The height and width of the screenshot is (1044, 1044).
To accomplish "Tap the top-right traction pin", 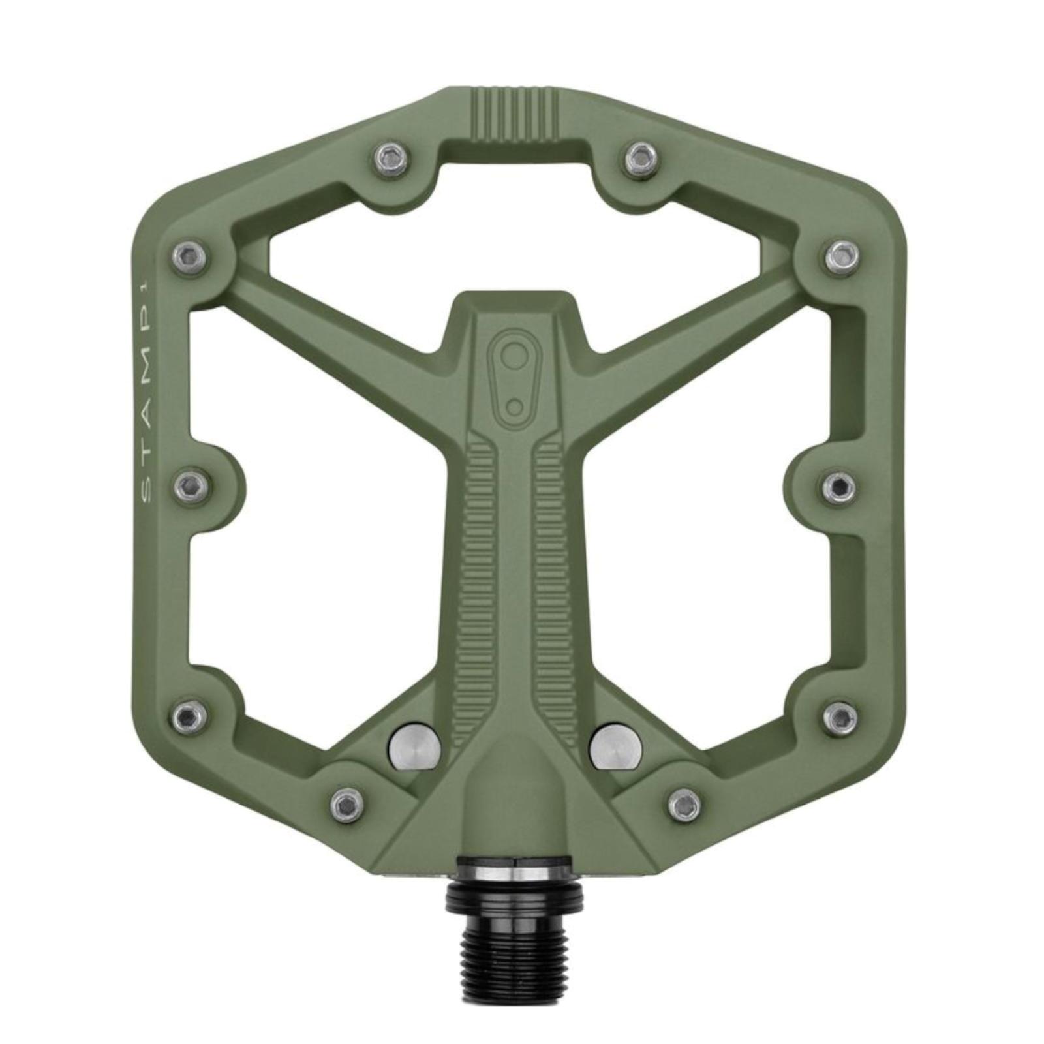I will click(641, 157).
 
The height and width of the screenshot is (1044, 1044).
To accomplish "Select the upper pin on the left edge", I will click(190, 256).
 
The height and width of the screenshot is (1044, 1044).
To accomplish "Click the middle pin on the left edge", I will click(191, 485).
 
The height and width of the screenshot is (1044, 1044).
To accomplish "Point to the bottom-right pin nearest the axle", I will click(684, 805).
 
